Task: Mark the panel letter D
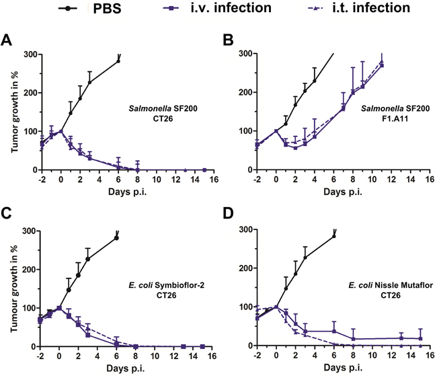[x=227, y=217]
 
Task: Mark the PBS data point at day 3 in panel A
[x=89, y=83]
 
